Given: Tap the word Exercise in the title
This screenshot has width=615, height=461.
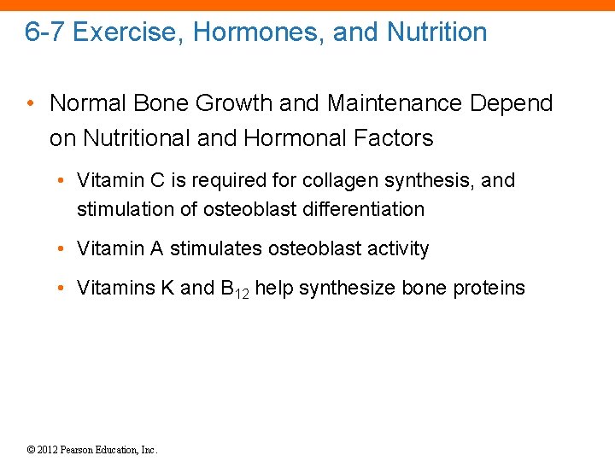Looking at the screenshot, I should (x=125, y=32).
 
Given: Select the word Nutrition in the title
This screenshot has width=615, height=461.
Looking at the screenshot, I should (x=436, y=32).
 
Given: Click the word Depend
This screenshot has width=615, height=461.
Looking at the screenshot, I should (x=512, y=103).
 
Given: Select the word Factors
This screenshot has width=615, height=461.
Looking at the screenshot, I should (x=400, y=138).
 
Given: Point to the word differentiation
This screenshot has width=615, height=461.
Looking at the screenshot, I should (x=366, y=209).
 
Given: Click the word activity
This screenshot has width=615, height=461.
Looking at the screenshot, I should (x=397, y=249).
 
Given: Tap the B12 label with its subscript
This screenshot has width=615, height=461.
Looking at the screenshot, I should (x=234, y=289).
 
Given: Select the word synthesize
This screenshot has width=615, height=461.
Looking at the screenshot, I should (x=325, y=289).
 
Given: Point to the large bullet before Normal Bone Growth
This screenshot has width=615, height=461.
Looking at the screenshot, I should (x=31, y=103).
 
